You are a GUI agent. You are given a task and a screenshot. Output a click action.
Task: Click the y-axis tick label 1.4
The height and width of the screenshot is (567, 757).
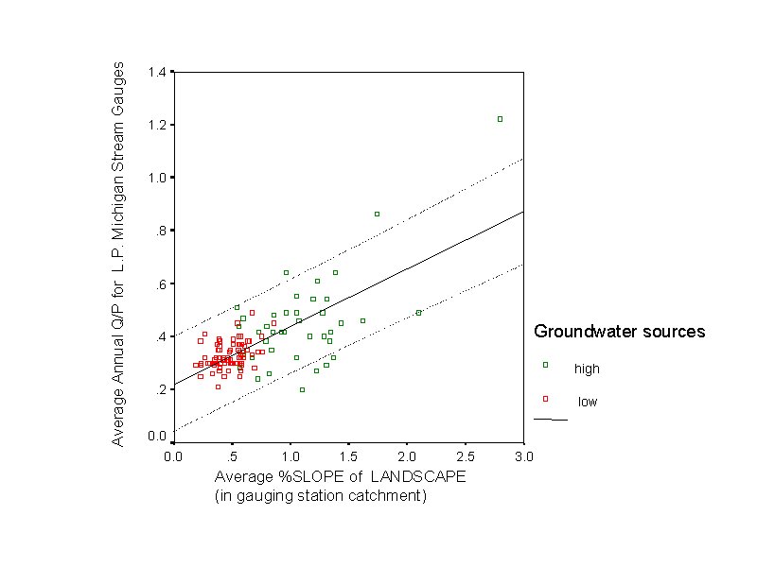click(157, 73)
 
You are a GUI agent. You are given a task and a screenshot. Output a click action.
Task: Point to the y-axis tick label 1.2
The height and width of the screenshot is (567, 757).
click(157, 126)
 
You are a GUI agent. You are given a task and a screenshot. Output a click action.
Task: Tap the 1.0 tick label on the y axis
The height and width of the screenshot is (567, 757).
click(157, 179)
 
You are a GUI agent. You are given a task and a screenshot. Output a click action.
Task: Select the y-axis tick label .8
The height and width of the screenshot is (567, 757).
click(161, 232)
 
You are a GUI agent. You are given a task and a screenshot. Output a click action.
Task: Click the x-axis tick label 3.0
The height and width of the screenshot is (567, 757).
click(523, 456)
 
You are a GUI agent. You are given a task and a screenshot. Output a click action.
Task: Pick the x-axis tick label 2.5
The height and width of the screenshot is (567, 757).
click(465, 456)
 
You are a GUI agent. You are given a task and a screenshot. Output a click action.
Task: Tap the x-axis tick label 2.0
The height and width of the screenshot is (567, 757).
click(407, 456)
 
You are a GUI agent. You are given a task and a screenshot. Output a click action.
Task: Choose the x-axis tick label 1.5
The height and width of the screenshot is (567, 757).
click(348, 456)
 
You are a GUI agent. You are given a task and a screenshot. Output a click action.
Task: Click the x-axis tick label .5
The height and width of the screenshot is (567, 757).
click(233, 456)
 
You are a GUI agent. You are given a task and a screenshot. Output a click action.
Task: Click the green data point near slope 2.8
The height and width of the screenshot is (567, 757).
click(500, 119)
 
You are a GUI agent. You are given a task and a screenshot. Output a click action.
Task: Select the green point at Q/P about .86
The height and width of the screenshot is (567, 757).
click(377, 215)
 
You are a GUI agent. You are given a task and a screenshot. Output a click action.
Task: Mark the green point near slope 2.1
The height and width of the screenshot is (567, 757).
click(418, 313)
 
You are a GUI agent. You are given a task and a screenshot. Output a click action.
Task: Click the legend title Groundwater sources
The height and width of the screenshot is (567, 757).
click(619, 332)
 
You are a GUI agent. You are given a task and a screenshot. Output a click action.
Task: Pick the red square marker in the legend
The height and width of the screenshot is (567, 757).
click(545, 399)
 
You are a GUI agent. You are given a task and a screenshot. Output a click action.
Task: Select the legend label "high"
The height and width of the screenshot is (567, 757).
click(587, 369)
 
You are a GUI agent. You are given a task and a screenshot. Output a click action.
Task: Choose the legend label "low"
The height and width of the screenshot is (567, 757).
click(588, 403)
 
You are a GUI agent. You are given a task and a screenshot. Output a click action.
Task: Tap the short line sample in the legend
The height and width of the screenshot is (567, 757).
click(551, 419)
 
